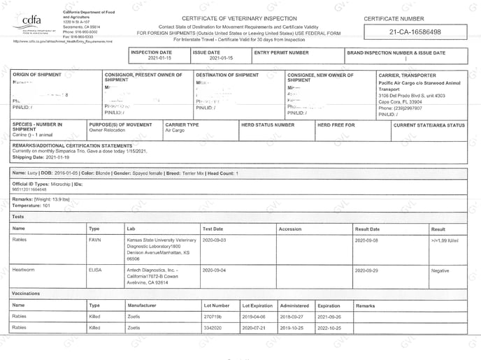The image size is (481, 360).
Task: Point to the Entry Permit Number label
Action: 282,52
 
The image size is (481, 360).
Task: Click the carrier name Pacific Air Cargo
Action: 403,83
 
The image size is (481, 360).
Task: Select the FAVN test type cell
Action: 94,240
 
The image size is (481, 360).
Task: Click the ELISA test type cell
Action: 96,269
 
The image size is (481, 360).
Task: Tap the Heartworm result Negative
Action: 440,269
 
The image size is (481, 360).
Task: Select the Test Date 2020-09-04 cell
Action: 215,269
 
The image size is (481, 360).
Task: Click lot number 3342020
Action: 213,327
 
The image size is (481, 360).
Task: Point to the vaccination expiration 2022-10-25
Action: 329,327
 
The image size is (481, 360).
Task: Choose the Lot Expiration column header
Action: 257,305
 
